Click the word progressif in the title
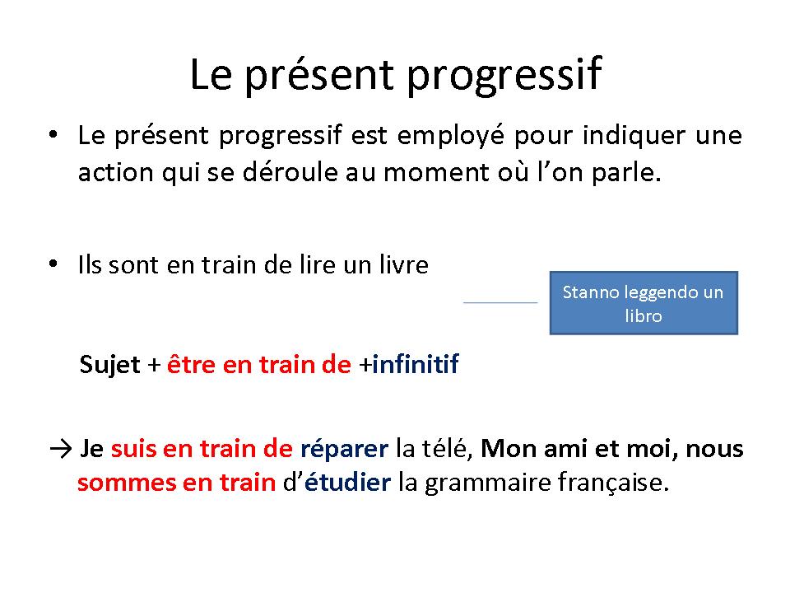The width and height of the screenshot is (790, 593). pyautogui.click(x=504, y=76)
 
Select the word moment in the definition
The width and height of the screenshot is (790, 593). pyautogui.click(x=436, y=173)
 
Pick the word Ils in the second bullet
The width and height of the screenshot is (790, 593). pyautogui.click(x=91, y=264)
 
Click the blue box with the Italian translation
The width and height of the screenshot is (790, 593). pyautogui.click(x=644, y=303)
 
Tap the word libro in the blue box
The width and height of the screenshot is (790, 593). pyautogui.click(x=644, y=316)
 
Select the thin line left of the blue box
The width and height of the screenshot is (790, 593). pyautogui.click(x=500, y=302)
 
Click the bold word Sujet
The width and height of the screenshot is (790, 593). pyautogui.click(x=109, y=365)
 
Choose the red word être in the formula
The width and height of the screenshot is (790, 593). pyautogui.click(x=191, y=364)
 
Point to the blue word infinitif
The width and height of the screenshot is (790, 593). pyautogui.click(x=416, y=363)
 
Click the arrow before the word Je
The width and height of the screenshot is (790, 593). pyautogui.click(x=61, y=449)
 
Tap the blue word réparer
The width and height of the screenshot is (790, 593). pyautogui.click(x=344, y=449)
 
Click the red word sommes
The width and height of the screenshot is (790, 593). pyautogui.click(x=127, y=483)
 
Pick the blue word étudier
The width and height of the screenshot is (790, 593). pyautogui.click(x=347, y=482)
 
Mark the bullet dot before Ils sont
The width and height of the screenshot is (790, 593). pyautogui.click(x=53, y=264)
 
